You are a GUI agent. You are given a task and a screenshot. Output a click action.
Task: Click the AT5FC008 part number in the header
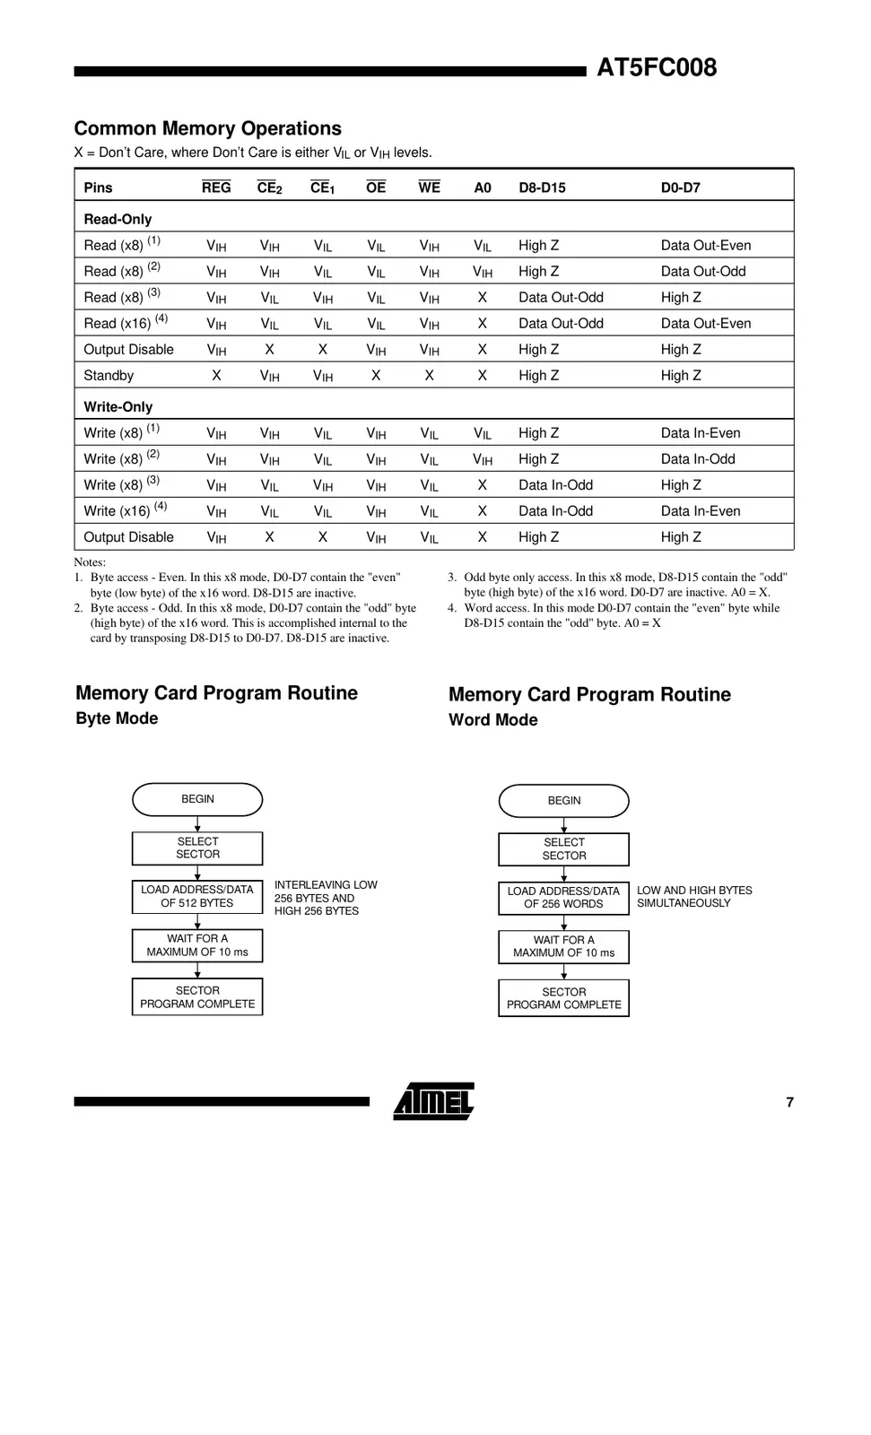(657, 68)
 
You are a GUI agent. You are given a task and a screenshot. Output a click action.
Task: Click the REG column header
(216, 187)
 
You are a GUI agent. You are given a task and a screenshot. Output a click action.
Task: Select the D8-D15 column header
(542, 187)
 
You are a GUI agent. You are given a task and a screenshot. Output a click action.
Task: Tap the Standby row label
(109, 376)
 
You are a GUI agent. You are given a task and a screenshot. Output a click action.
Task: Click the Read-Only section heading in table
(118, 219)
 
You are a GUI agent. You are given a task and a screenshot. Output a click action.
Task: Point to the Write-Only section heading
(118, 406)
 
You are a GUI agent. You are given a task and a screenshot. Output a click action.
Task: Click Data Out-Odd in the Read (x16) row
(561, 324)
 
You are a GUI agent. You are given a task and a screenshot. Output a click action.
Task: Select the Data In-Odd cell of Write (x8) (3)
(555, 485)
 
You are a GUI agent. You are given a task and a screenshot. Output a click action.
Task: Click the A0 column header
(483, 187)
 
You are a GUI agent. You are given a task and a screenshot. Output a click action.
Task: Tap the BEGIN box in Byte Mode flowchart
(197, 799)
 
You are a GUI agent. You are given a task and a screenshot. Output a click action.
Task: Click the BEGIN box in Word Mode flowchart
(563, 801)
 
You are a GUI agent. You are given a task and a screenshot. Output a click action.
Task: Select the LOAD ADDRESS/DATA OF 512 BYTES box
(197, 897)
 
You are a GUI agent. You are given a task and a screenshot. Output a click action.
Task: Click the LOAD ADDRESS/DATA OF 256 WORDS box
(563, 898)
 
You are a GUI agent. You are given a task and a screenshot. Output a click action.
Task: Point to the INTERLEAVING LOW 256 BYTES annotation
(325, 898)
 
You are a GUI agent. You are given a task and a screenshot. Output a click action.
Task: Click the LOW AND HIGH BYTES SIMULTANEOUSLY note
(693, 897)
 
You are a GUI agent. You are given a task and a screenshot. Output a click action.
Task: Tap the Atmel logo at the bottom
(434, 1101)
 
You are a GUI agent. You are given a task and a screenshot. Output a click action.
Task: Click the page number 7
(789, 1102)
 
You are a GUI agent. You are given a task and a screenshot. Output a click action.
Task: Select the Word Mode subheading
(492, 720)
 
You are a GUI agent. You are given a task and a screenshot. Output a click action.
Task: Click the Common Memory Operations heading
(207, 128)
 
